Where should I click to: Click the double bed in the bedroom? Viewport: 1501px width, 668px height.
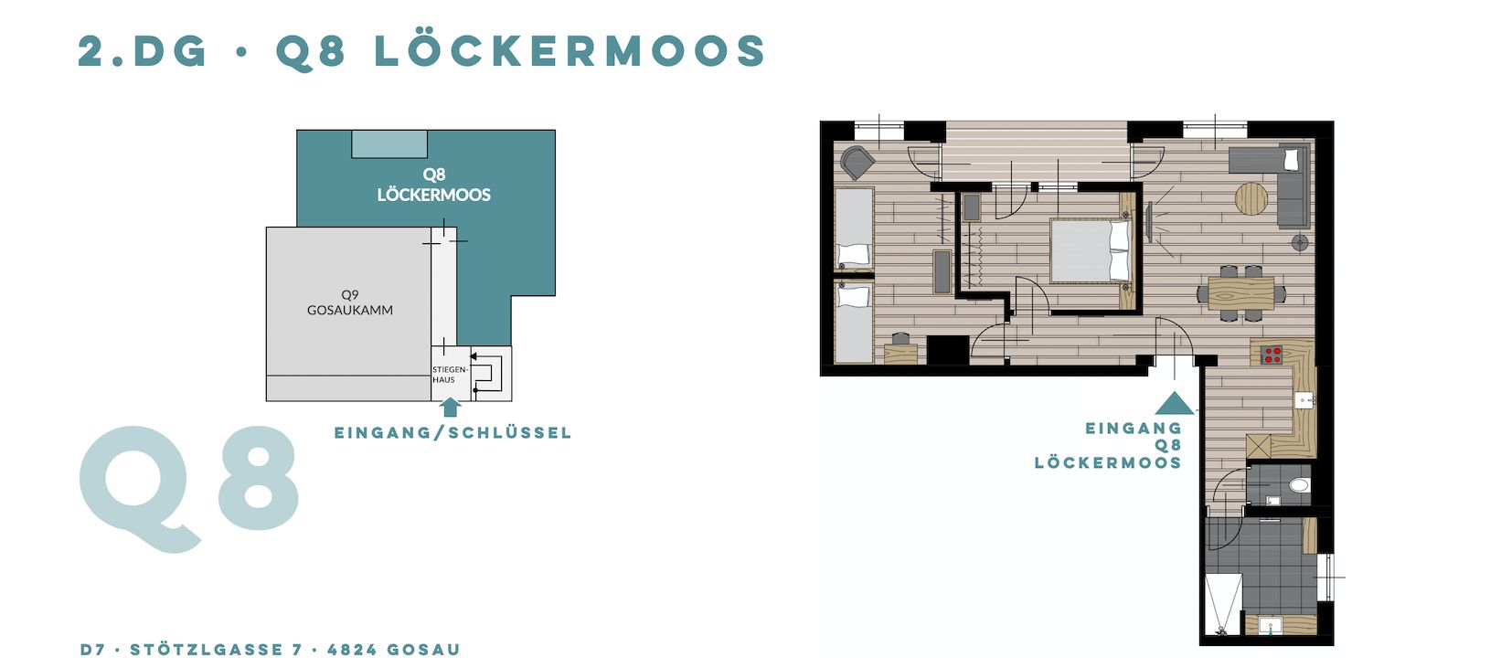click(1091, 250)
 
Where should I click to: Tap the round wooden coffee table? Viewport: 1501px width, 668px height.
click(1251, 199)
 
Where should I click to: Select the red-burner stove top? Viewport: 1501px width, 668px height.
click(1272, 355)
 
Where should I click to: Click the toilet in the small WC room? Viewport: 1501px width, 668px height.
click(1299, 484)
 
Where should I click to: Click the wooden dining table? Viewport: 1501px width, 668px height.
click(1241, 293)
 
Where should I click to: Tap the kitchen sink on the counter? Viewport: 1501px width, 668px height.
click(1304, 400)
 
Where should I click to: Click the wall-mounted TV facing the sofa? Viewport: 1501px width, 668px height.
click(1150, 222)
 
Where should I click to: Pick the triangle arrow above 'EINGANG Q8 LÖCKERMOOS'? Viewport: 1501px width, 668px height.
click(1174, 403)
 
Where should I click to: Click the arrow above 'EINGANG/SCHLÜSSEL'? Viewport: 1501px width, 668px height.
click(451, 407)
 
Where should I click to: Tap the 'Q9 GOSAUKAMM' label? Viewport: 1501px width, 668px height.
click(350, 302)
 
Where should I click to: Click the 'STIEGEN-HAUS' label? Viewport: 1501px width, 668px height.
click(450, 375)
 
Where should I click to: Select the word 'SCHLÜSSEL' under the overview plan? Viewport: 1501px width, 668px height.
click(510, 433)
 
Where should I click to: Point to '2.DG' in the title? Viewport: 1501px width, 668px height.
click(143, 51)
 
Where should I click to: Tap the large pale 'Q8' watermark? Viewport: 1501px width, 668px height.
click(189, 489)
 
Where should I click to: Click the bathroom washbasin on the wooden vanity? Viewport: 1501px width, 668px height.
click(1270, 626)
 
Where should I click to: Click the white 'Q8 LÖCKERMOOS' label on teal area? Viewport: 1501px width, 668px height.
click(433, 185)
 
